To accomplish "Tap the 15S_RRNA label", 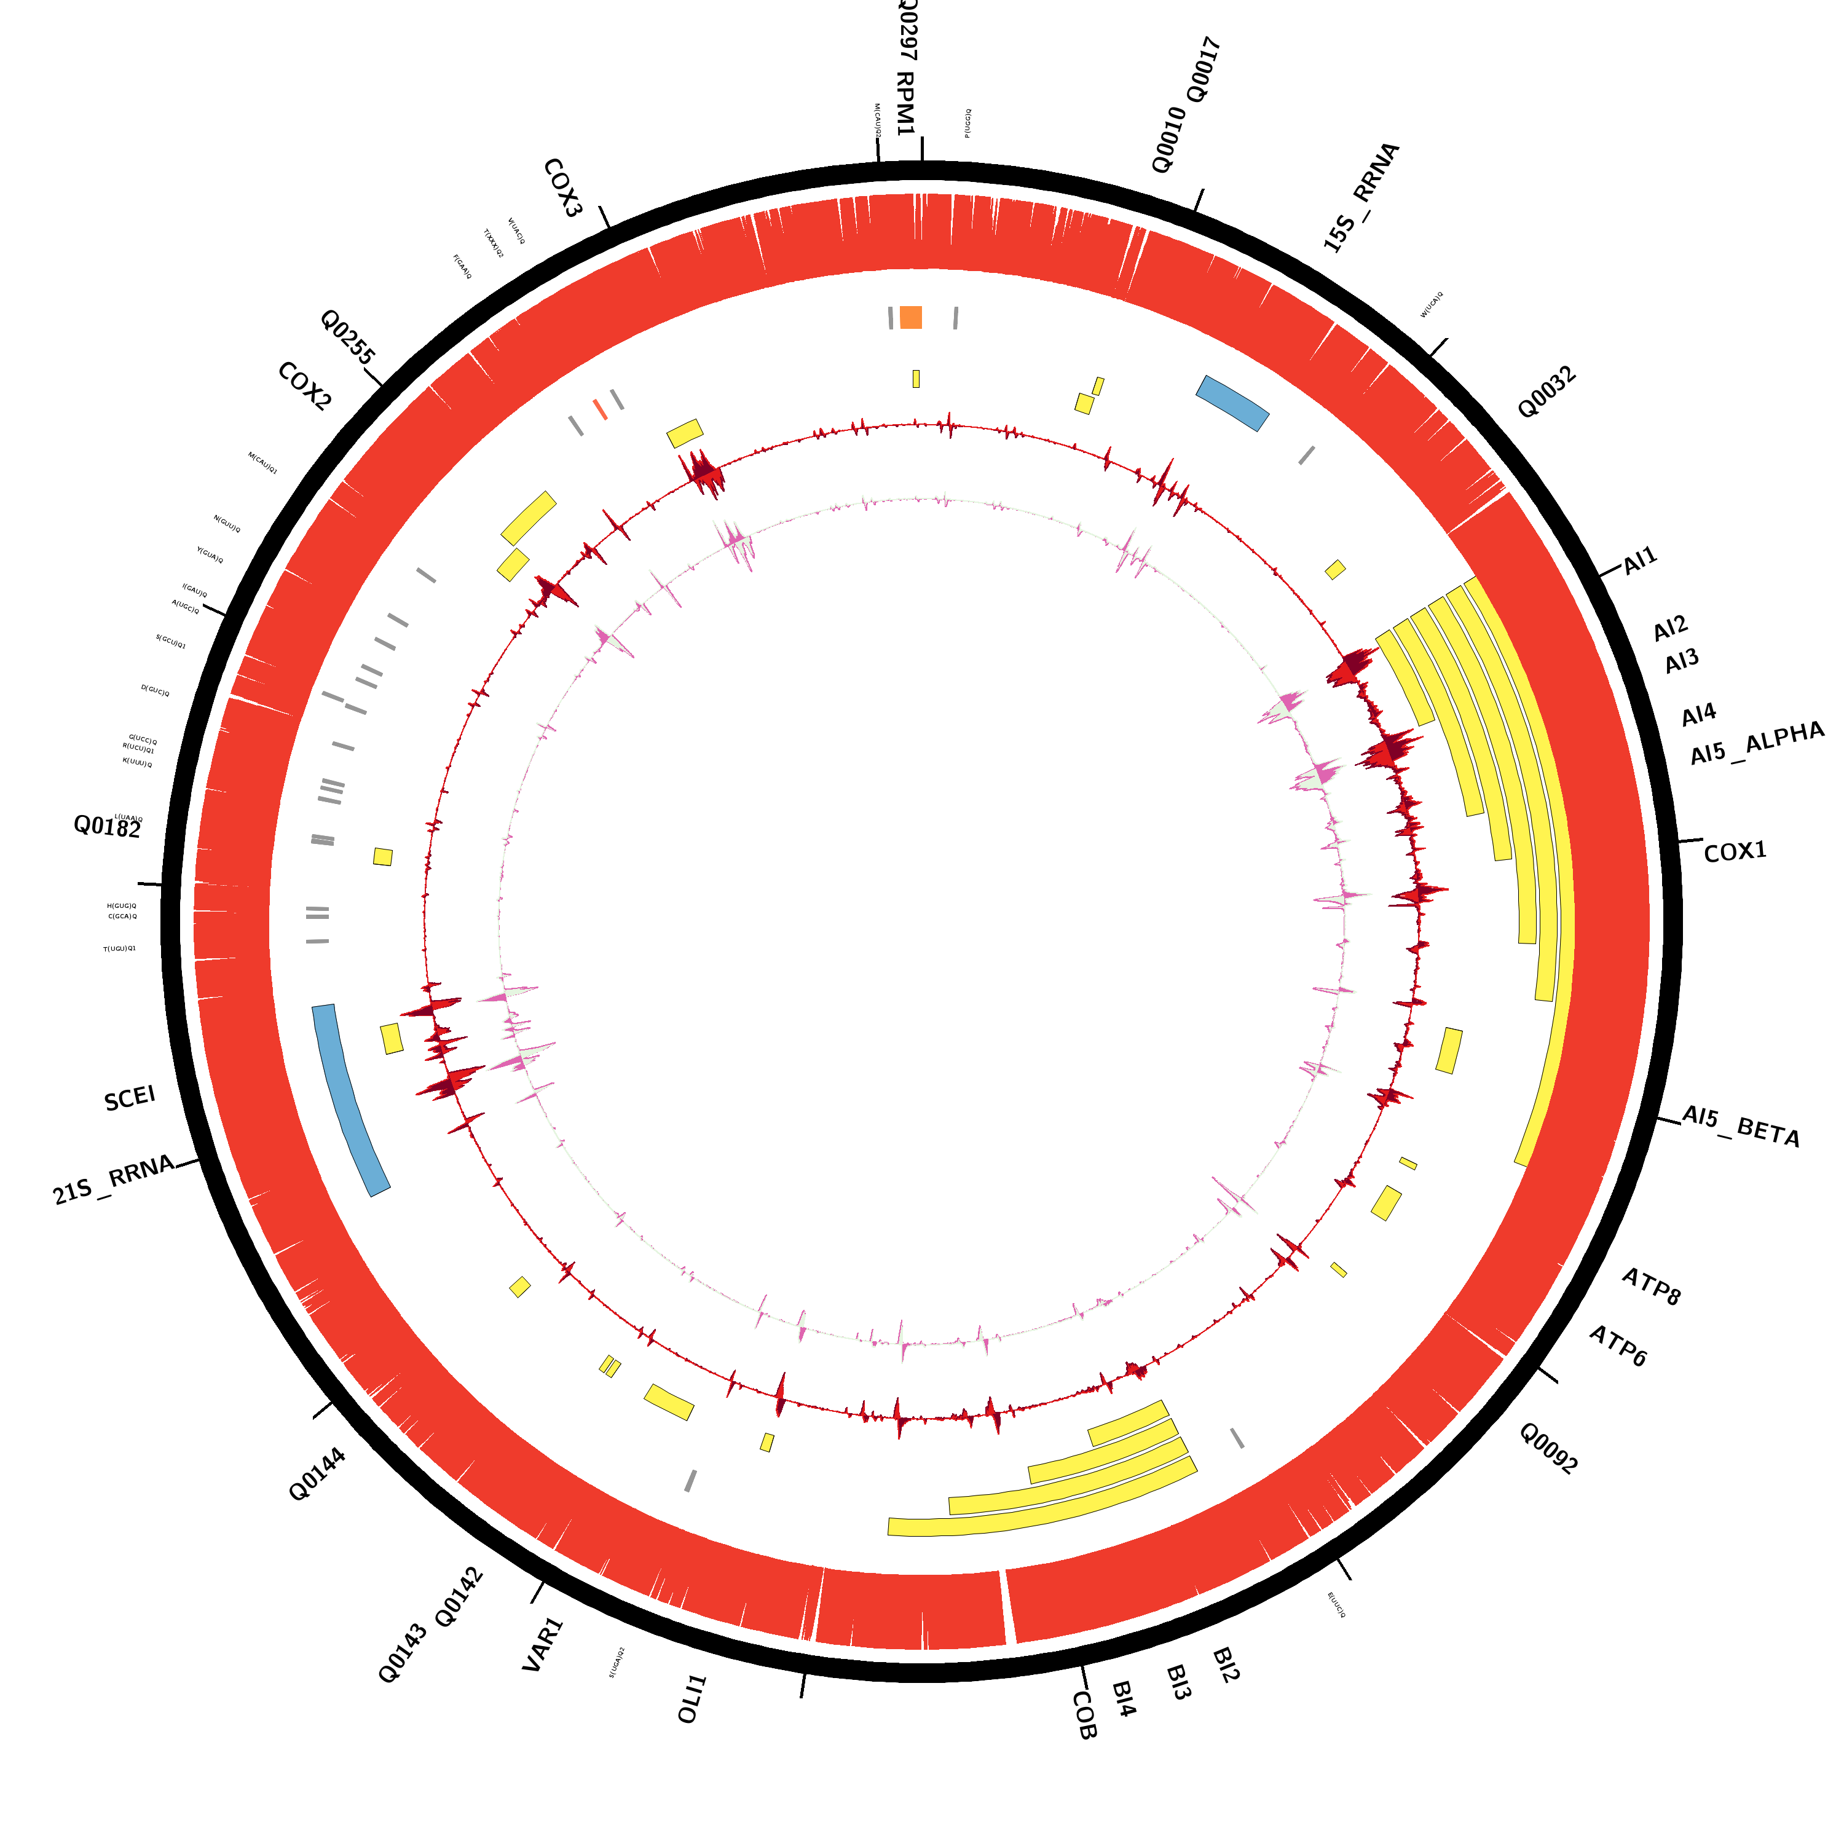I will point(1361,197).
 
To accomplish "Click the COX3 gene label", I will point(562,188).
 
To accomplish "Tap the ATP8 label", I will point(1651,1286).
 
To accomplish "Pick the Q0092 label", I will point(1547,1449).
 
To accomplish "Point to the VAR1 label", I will point(543,1644).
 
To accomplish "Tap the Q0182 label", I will point(108,827).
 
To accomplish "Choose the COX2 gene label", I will point(304,387).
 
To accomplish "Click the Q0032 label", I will point(1547,392).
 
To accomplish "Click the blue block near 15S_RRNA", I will point(1232,402).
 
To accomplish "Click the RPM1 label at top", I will point(905,103).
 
